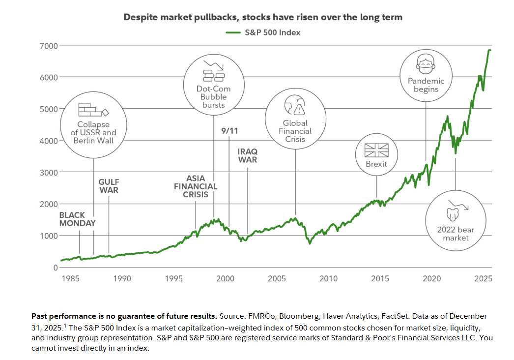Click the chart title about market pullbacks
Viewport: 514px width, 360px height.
263,17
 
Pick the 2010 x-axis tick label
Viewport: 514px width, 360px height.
328,279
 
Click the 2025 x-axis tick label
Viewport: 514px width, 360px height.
483,279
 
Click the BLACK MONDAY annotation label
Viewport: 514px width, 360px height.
78,219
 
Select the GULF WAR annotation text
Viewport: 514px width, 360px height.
108,186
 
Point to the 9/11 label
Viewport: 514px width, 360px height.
230,131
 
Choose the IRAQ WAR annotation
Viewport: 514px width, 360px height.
247,155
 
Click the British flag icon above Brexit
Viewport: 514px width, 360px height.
376,150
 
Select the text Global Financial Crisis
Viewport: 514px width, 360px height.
295,131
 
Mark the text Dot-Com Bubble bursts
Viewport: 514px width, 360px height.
214,97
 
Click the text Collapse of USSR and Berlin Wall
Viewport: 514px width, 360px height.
93,133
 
